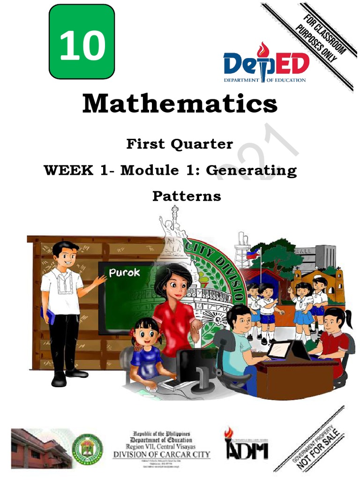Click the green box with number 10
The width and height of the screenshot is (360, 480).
coord(82,42)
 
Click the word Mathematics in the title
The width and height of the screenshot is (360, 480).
coord(180,104)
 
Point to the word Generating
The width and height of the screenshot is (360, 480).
coord(251,170)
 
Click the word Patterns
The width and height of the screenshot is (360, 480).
coord(187,195)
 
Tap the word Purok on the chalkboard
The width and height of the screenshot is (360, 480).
coord(124,272)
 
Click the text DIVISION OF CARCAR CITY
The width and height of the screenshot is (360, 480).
coord(162,455)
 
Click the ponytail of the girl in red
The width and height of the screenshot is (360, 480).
coord(347,320)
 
